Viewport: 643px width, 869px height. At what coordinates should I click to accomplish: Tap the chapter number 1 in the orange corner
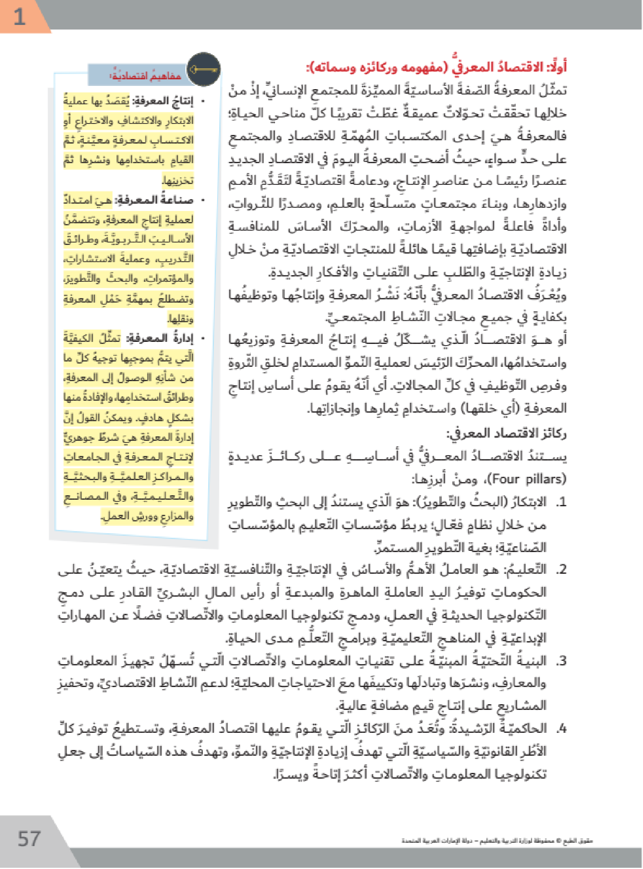(19, 17)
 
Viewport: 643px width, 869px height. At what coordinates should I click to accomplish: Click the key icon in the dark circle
(203, 70)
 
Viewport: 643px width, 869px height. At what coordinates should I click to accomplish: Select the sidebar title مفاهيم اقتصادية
(145, 76)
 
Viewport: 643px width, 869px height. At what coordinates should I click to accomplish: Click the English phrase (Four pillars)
(528, 479)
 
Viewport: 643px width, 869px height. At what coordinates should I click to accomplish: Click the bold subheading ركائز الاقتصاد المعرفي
(506, 433)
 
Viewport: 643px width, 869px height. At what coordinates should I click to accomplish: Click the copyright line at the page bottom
(497, 841)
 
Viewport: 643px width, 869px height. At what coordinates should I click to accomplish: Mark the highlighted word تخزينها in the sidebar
(177, 180)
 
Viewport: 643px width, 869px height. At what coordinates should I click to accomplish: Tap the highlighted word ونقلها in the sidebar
(180, 319)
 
